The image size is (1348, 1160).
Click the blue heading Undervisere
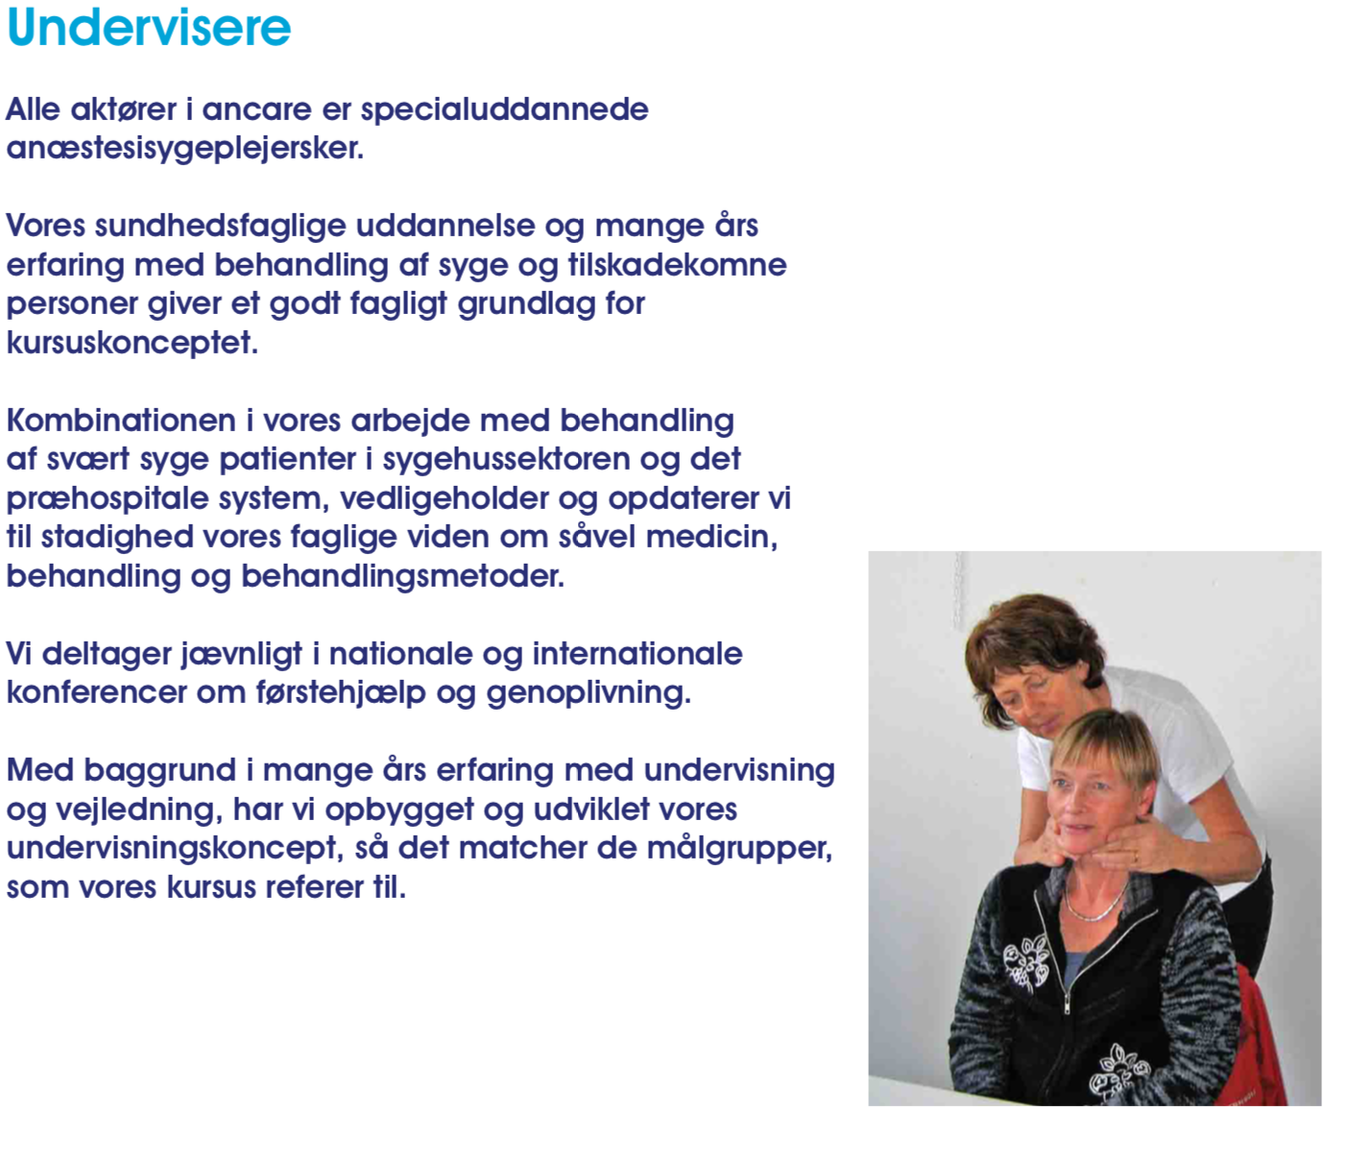click(x=149, y=28)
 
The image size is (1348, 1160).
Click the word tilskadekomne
click(x=677, y=265)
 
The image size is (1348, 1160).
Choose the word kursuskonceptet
click(x=132, y=343)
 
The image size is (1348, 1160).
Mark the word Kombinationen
click(x=121, y=421)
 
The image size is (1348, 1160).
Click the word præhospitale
click(x=108, y=499)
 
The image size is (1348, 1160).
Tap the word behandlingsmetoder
click(x=403, y=577)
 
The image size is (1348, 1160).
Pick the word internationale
click(x=638, y=654)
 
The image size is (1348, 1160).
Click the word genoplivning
click(x=589, y=693)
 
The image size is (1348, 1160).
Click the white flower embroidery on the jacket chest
click(x=1025, y=961)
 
